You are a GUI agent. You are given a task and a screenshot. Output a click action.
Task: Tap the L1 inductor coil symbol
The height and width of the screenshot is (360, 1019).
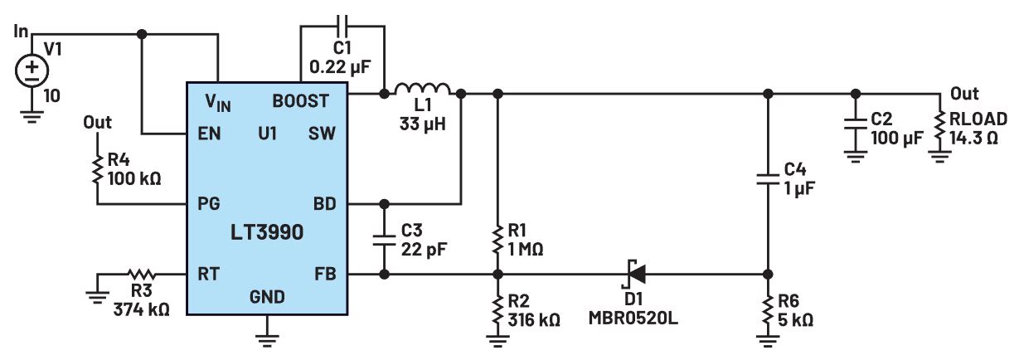point(423,89)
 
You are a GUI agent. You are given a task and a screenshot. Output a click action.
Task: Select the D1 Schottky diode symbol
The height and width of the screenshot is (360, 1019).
point(634,273)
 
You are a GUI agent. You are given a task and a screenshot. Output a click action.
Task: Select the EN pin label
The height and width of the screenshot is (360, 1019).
point(210,133)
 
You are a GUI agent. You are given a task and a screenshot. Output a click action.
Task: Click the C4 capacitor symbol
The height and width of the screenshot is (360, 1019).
point(768,182)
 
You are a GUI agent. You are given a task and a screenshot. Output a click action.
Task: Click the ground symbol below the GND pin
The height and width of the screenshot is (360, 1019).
point(267,337)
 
